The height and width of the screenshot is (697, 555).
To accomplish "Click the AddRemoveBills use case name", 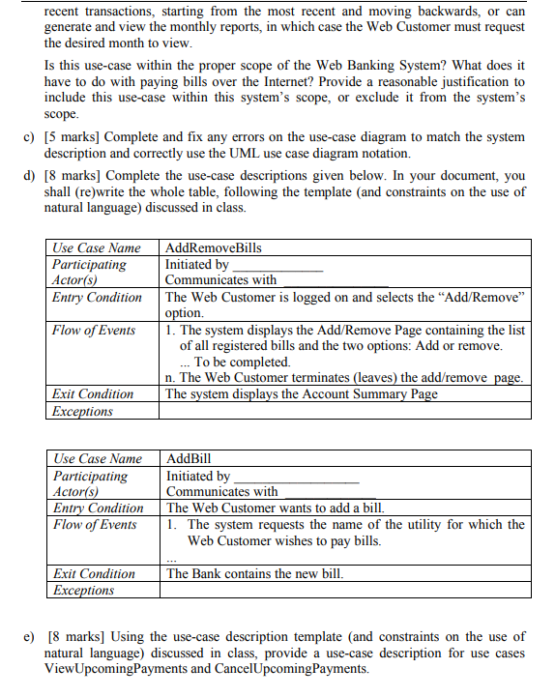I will click(x=214, y=248).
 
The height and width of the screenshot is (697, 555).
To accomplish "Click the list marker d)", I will click(x=28, y=176).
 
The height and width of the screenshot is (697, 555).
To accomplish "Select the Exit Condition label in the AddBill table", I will click(x=94, y=574).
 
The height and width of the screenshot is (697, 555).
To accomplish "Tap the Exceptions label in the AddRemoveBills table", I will click(x=83, y=411).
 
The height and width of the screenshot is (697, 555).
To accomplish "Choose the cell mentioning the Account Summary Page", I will click(x=302, y=394).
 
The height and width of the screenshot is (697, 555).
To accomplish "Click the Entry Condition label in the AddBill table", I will click(x=98, y=508).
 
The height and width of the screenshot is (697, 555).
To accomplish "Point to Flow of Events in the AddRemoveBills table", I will click(x=95, y=331).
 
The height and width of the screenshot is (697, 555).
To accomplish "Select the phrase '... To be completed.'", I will click(x=235, y=362).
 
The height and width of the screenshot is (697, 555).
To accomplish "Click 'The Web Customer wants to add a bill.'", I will click(x=276, y=508).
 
